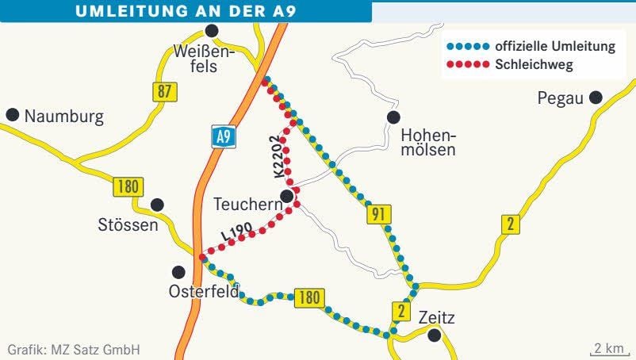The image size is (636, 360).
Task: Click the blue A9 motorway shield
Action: [224, 137]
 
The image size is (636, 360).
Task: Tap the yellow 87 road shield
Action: [163, 91]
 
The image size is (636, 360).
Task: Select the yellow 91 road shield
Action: [378, 214]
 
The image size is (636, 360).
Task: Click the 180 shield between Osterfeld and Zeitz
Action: [309, 298]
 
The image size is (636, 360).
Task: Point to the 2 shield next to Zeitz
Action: [400, 311]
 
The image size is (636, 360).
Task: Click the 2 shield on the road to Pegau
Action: [511, 224]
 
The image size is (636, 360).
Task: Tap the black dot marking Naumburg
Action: [13, 115]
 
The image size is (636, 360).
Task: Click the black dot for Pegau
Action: [596, 98]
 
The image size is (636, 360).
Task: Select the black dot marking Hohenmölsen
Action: [393, 117]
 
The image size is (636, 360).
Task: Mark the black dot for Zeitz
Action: [434, 335]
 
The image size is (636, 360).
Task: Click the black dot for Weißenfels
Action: [211, 31]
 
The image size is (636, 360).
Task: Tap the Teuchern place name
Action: [247, 205]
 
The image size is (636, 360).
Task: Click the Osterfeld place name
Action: [203, 292]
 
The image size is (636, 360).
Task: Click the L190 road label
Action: [237, 232]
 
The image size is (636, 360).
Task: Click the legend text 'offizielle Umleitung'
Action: [554, 47]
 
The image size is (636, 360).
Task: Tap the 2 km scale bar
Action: [607, 349]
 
